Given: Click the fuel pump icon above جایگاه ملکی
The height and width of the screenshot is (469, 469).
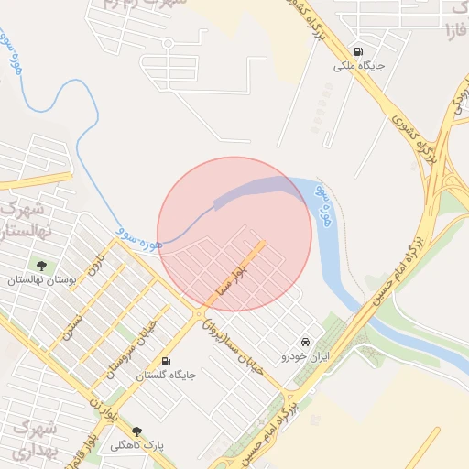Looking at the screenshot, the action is (x=356, y=51).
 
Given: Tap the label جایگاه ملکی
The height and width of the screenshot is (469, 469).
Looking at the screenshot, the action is (x=356, y=66).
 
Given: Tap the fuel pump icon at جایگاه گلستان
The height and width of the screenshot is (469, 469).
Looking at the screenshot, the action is (x=166, y=361).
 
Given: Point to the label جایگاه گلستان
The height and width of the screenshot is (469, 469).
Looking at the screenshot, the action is (x=166, y=376).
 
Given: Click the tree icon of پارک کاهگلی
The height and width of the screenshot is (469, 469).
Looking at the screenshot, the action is (x=137, y=431).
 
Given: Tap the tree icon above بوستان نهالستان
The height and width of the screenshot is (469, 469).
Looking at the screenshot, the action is (x=41, y=266).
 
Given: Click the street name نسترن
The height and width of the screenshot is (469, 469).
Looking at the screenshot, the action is (x=72, y=324).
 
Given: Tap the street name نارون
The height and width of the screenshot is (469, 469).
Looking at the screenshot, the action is (x=96, y=266).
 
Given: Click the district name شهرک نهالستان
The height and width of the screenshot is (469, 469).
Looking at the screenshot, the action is (x=27, y=217).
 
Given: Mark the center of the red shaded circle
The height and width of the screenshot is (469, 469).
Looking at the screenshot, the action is (x=234, y=234).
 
